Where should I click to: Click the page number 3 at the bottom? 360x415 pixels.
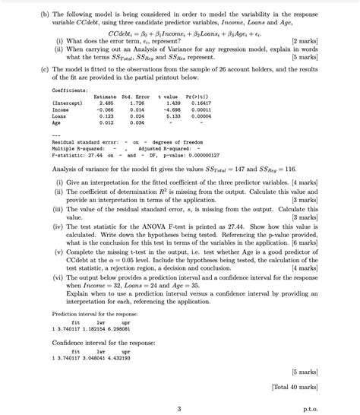tap(177, 407)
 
